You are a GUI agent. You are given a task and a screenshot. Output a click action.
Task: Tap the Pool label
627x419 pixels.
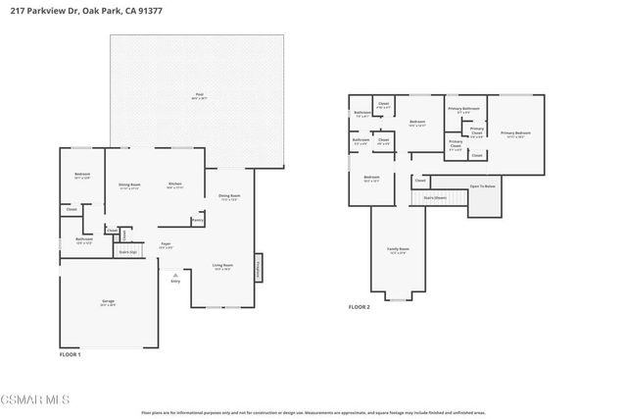(199, 95)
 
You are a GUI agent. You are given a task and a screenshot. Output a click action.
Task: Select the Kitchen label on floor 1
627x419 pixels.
(175, 183)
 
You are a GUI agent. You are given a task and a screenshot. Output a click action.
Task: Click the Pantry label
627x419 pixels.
(197, 221)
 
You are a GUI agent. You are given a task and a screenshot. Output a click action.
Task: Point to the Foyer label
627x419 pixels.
(166, 244)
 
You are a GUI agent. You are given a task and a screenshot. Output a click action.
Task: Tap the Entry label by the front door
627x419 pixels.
(175, 281)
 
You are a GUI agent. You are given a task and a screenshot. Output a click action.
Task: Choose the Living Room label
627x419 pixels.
(222, 265)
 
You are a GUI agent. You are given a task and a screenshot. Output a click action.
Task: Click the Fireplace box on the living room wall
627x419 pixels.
(259, 266)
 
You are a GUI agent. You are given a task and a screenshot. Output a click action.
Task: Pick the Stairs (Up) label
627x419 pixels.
(127, 251)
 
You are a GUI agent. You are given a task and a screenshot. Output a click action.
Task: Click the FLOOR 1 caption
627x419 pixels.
(71, 353)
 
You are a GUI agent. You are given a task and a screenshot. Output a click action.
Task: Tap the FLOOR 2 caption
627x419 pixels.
(360, 307)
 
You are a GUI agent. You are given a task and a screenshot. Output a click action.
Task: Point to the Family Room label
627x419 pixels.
(397, 249)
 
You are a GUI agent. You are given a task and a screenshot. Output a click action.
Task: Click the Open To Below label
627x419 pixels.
(482, 186)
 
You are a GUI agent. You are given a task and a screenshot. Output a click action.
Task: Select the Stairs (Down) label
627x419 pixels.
(435, 196)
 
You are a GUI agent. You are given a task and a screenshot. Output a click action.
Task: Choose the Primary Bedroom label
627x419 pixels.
(515, 132)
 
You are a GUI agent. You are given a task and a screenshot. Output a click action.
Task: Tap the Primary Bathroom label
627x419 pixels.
(463, 108)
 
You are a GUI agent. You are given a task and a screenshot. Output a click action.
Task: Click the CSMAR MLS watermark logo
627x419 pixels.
(37, 401)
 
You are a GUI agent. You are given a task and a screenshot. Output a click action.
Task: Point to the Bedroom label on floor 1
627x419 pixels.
(82, 175)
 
